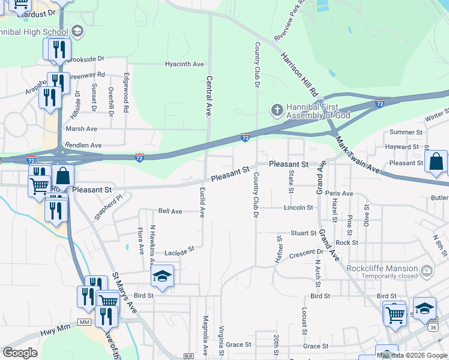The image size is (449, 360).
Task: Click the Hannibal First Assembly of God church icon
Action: tap(277, 110)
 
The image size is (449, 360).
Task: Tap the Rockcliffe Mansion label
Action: tap(385, 268)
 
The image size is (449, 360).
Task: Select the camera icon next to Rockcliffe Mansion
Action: tap(427, 271)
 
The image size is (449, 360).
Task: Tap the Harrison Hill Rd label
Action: tap(298, 75)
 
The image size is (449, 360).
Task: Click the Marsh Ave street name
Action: tap(82, 128)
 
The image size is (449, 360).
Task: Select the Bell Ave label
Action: tap(170, 211)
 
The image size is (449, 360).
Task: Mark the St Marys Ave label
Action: tap(124, 293)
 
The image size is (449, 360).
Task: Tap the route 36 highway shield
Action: tap(433, 328)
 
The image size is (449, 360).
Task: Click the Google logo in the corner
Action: tap(20, 353)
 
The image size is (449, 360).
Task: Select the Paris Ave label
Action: tap(339, 193)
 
